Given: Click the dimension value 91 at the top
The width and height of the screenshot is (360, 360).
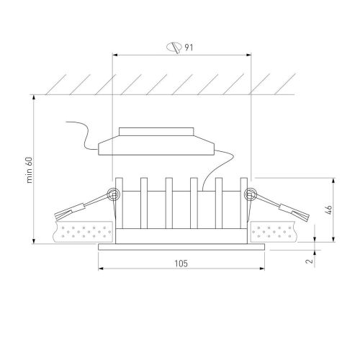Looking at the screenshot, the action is pos(189,48).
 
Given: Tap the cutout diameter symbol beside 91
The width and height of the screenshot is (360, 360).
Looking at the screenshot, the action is pos(174,48).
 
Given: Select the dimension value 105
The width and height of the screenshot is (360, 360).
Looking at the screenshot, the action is pos(181,264).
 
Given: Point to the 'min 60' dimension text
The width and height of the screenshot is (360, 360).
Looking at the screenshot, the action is pos(29,170).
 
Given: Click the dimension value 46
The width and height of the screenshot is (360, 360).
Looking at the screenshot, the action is pos(329,210).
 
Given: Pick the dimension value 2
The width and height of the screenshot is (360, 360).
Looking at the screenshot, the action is pos(310,261).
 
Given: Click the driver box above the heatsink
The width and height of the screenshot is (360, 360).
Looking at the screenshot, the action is pos(156,145).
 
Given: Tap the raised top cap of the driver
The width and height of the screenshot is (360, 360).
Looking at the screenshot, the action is pos(156,132).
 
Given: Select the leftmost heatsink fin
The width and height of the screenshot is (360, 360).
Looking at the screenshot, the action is pos(119,203).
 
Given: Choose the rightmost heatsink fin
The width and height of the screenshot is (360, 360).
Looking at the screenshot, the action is pos(244,203).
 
